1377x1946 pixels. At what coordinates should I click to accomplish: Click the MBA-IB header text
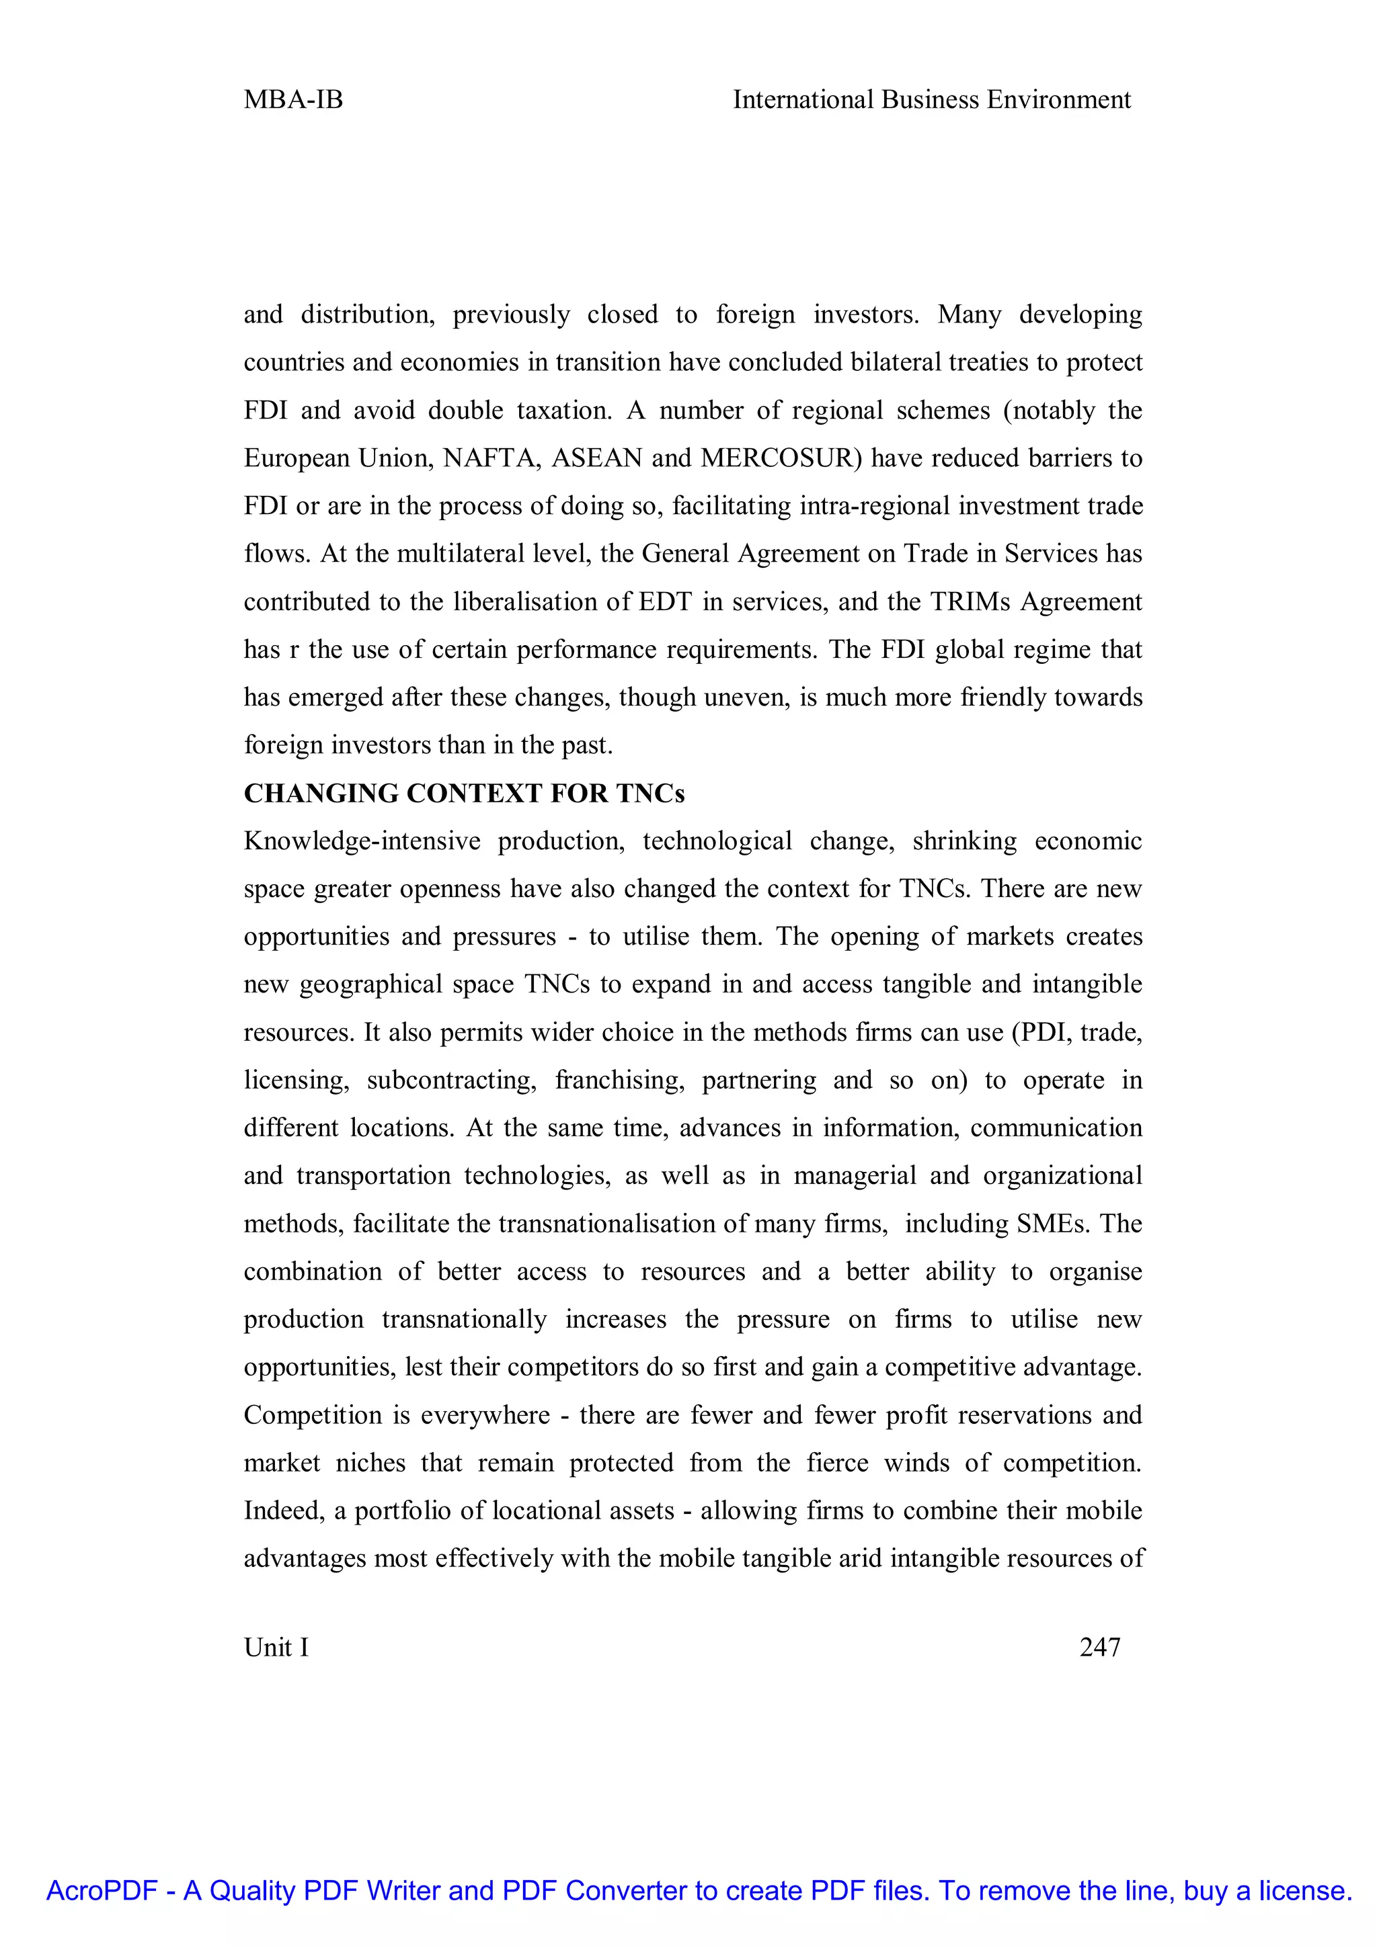[293, 100]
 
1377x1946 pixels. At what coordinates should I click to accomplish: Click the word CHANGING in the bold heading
[321, 794]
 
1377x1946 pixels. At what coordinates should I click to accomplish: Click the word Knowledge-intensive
[362, 841]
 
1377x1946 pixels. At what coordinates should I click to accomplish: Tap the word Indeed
[283, 1511]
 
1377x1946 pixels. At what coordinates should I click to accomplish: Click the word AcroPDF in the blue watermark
[102, 1890]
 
